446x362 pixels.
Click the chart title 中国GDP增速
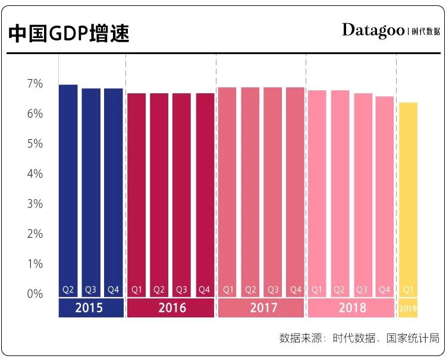click(69, 33)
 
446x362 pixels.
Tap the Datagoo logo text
click(373, 30)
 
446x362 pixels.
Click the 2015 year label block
click(90, 308)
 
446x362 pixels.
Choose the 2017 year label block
click(260, 308)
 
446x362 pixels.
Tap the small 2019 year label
click(408, 309)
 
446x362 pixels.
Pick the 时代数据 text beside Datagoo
click(426, 32)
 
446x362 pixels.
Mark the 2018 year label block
click(351, 308)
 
